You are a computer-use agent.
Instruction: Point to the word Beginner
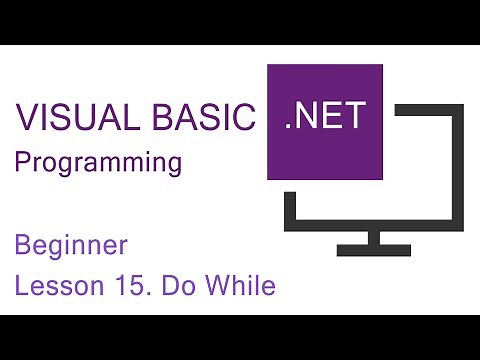[70, 245]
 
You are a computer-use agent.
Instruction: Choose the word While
[239, 287]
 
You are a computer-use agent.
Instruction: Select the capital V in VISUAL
[25, 120]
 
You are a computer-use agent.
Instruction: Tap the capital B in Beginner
[23, 245]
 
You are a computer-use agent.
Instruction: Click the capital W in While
[217, 287]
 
